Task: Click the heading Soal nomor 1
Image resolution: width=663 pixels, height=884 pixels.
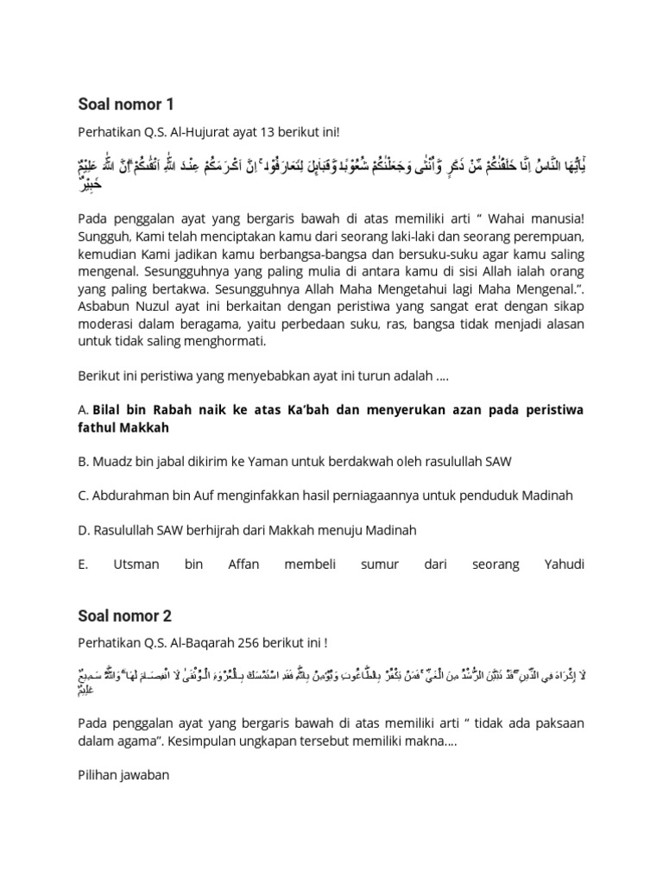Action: click(126, 104)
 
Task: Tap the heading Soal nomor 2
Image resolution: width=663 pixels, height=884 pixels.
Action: click(126, 616)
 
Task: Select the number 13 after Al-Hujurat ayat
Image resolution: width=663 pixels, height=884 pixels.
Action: click(260, 132)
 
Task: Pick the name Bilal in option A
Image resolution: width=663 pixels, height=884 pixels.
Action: click(110, 409)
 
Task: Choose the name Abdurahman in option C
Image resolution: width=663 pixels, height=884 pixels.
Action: click(130, 496)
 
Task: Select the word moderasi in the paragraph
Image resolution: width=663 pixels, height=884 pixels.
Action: click(107, 325)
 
